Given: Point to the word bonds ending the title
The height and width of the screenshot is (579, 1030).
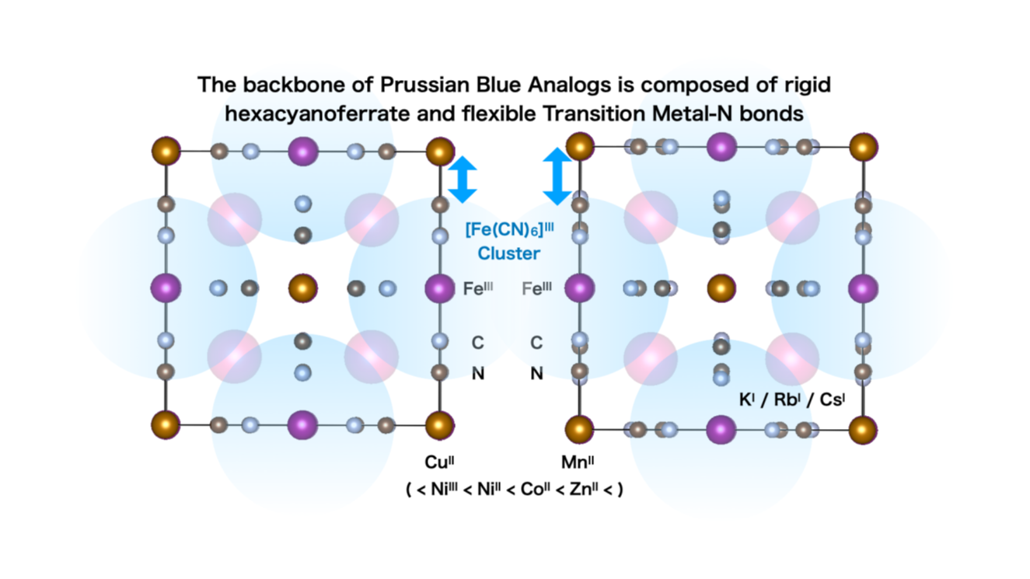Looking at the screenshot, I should tap(770, 113).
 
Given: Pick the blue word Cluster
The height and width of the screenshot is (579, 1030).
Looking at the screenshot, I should tap(508, 253).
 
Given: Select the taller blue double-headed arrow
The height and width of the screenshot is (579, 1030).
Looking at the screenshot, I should tap(557, 177).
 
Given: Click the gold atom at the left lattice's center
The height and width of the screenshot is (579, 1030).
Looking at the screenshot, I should tap(302, 288).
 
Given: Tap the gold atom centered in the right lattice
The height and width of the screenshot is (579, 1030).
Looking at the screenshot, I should tap(721, 288).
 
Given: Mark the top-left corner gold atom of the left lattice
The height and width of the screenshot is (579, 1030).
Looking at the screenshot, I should tap(166, 150).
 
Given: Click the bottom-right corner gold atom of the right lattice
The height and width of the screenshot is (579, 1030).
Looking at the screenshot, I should tap(863, 430).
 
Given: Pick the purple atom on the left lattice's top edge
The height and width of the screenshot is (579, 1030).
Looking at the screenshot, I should tap(302, 151).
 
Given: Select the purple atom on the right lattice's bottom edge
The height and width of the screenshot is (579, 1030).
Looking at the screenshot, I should tap(721, 428).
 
